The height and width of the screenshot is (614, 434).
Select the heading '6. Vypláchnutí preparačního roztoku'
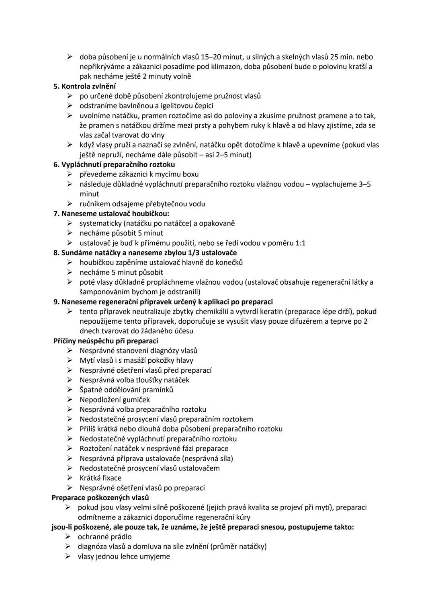coord(114,164)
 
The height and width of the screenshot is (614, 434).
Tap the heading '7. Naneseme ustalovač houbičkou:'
coord(111,214)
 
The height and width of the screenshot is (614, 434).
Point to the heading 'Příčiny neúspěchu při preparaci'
coord(106,341)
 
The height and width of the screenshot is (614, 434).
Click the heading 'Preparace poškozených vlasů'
coord(100,498)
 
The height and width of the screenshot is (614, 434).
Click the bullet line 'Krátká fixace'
coord(100,478)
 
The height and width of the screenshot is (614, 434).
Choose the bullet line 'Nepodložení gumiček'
coord(115,400)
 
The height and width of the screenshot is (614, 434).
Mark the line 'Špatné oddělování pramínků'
coord(126,390)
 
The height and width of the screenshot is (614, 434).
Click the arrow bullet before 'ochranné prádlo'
coord(68,537)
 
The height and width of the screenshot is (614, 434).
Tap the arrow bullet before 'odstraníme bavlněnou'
coord(70,106)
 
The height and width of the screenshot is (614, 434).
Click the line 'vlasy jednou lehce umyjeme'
coord(124,557)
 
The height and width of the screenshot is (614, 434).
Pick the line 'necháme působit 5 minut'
coord(121,233)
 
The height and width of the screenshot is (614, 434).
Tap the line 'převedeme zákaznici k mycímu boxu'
coord(139,175)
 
